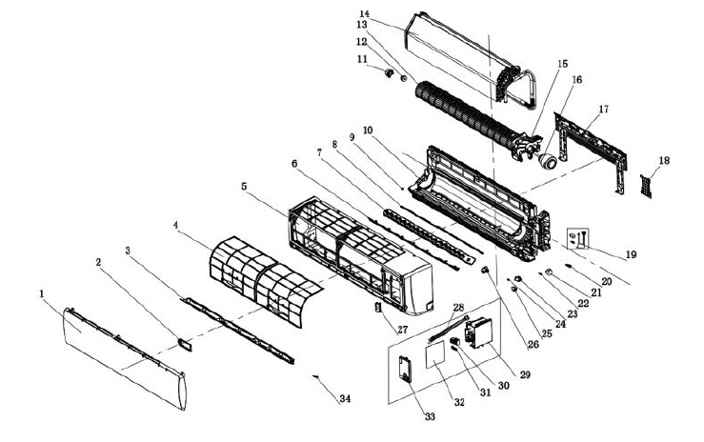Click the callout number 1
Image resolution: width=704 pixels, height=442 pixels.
42,295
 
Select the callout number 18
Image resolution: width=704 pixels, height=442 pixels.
663,161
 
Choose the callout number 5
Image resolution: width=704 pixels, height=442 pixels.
244,189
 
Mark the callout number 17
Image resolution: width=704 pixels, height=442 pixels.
602,111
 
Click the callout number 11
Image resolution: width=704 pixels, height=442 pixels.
362,60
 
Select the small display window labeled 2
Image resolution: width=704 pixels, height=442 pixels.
181,338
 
